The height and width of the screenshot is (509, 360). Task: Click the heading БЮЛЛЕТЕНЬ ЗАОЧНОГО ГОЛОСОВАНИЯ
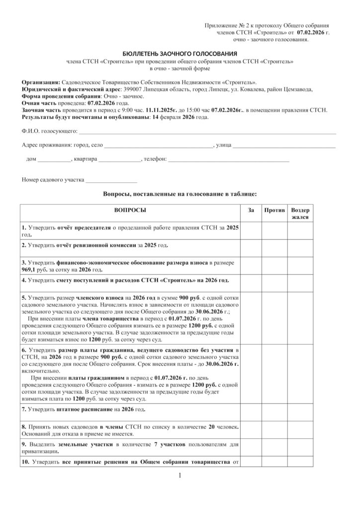(x=180, y=53)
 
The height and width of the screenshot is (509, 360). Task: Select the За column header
(x=251, y=211)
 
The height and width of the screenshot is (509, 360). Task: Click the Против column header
(x=274, y=211)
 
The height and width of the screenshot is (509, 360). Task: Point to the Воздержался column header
(x=300, y=214)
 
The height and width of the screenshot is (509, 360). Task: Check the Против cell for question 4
(x=274, y=281)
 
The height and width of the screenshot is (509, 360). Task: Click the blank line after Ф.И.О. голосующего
(x=207, y=133)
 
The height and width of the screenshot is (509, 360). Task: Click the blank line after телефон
(x=229, y=161)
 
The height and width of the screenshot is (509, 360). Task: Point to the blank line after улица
(x=284, y=147)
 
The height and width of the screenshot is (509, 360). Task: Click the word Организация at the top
(x=40, y=82)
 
